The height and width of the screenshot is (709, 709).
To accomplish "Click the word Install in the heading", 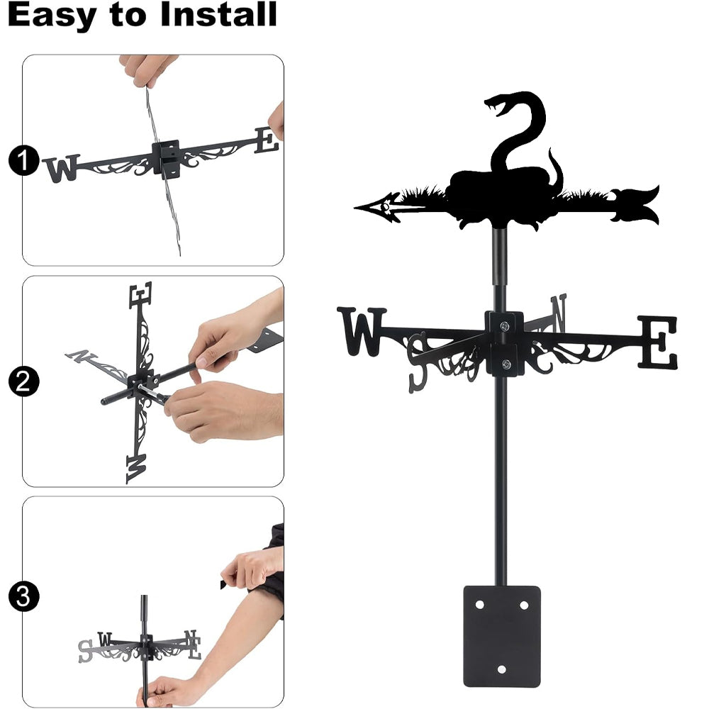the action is (x=218, y=14).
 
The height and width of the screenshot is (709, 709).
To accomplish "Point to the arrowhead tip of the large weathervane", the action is (x=354, y=208).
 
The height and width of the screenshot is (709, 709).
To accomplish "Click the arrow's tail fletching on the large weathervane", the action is (x=635, y=205).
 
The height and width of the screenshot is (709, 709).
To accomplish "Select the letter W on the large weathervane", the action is (x=362, y=331).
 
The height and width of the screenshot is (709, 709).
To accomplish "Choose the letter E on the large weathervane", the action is (x=658, y=342).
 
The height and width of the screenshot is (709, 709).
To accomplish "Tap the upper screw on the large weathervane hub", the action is (x=505, y=325).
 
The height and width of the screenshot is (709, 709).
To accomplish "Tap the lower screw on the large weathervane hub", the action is (x=506, y=364).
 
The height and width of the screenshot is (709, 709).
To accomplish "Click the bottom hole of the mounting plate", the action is (x=501, y=669).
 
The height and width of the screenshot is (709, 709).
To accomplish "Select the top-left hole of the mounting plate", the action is (x=480, y=605).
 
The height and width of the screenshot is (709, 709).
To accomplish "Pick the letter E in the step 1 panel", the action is (x=267, y=140).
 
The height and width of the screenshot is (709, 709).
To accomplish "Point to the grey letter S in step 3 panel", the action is (x=85, y=651).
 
